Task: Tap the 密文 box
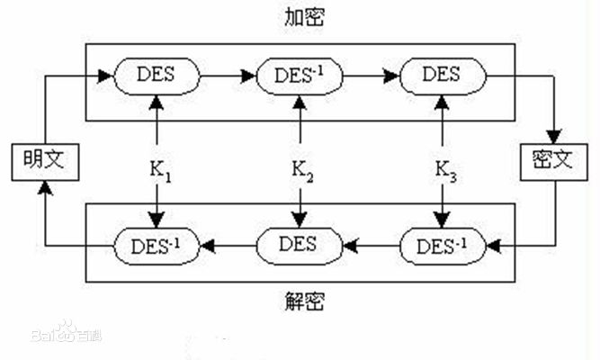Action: [x=550, y=162]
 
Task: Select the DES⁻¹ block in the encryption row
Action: [x=300, y=75]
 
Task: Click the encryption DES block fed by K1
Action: [x=158, y=75]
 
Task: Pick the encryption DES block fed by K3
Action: [x=443, y=75]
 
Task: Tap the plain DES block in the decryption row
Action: [x=300, y=243]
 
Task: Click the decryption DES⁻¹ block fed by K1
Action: [x=158, y=243]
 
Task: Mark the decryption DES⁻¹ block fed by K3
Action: [x=443, y=243]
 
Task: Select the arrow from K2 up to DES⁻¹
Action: [x=300, y=121]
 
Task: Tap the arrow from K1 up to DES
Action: [x=158, y=121]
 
